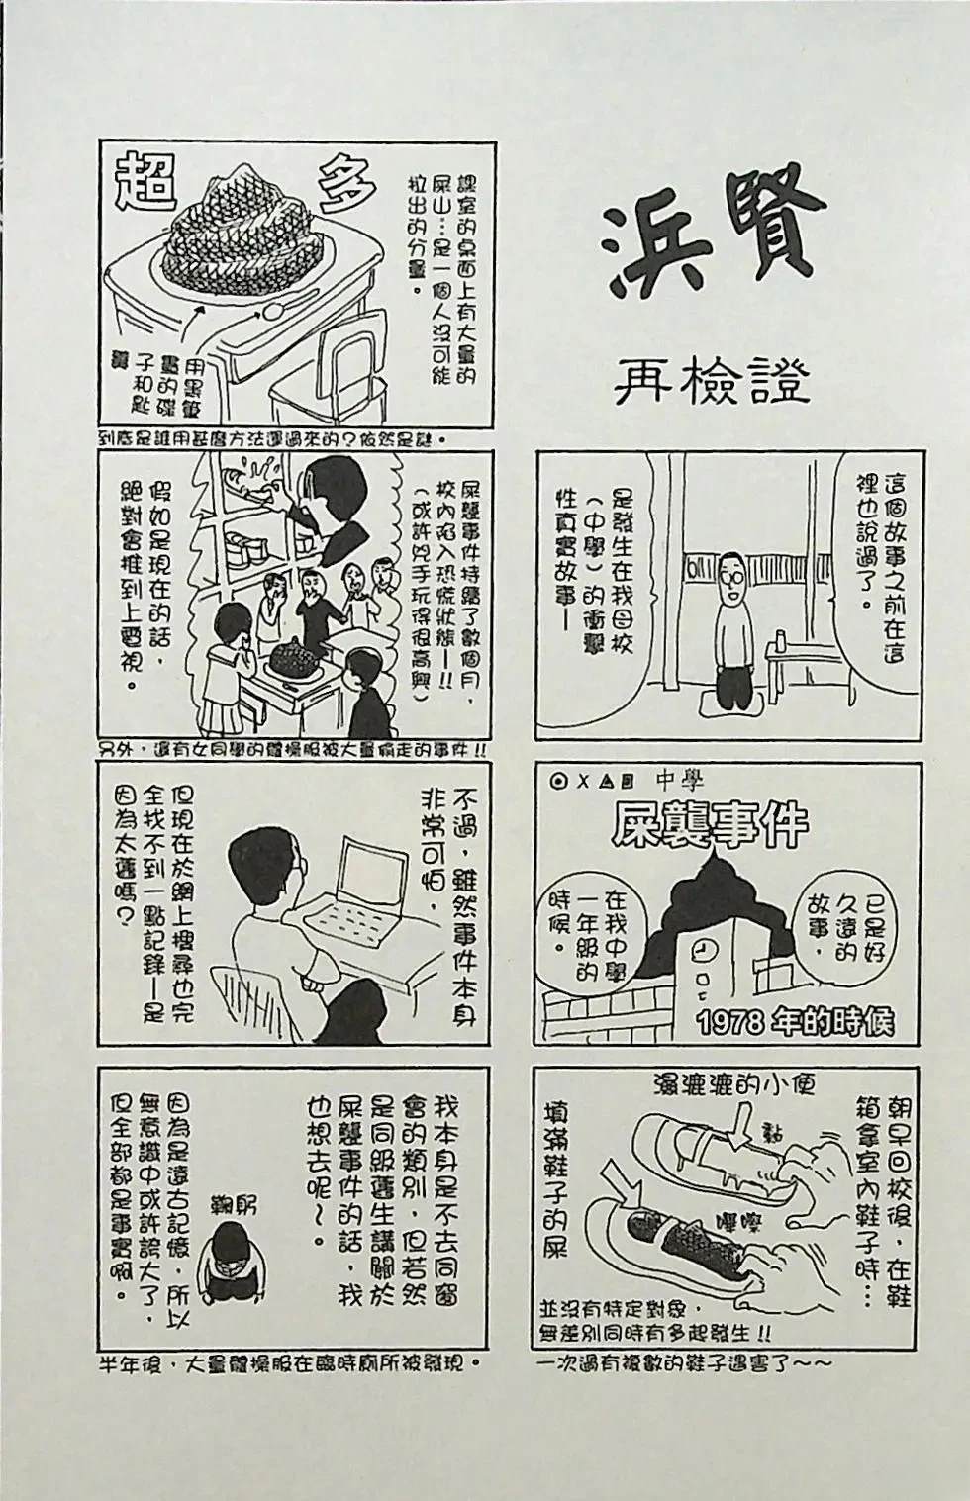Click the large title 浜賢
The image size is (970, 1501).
point(713,238)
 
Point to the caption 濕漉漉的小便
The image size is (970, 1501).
point(733,1085)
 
